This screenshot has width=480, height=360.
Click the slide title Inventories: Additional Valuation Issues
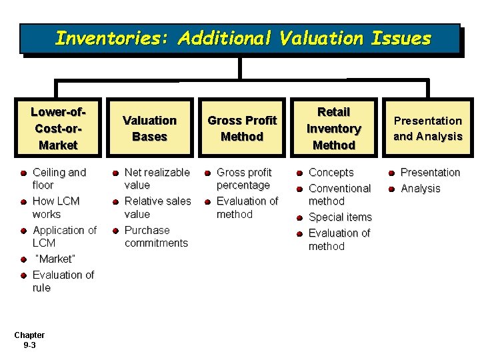click(x=243, y=38)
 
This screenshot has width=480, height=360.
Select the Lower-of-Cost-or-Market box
click(x=58, y=128)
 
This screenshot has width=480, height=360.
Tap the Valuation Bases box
click(x=149, y=128)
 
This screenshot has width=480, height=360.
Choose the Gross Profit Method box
click(x=242, y=128)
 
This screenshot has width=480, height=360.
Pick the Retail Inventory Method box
click(x=333, y=128)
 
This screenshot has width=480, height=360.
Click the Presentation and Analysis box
click(x=427, y=128)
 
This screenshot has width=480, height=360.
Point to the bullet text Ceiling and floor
click(x=59, y=179)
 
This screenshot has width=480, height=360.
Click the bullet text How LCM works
click(x=56, y=207)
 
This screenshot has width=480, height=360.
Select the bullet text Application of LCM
click(x=64, y=237)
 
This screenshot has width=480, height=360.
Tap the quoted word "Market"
click(x=55, y=259)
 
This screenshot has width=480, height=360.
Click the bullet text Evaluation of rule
click(x=63, y=281)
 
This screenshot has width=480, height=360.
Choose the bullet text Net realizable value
click(x=157, y=179)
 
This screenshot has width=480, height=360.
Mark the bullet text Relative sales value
click(x=157, y=207)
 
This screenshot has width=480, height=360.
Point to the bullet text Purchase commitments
click(x=156, y=237)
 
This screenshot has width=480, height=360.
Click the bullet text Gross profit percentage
click(x=244, y=179)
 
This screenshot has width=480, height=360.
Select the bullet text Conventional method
click(x=339, y=195)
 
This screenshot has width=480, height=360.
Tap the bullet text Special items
click(x=340, y=217)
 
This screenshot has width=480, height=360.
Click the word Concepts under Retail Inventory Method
click(x=331, y=173)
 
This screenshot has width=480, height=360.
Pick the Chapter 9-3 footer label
click(x=29, y=340)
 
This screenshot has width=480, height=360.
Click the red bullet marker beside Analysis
click(x=391, y=189)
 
